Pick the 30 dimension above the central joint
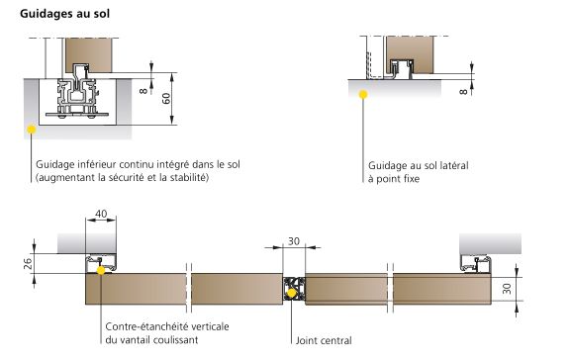(294, 241)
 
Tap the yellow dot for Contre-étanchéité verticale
(104, 268)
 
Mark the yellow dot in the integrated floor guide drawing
(32, 128)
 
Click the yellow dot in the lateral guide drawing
(364, 95)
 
